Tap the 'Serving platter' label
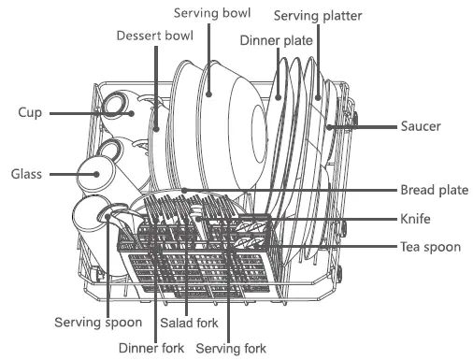317,16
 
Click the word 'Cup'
29,112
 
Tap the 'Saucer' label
421,125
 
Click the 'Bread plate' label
434,189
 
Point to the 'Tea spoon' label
425,247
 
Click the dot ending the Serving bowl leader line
209,94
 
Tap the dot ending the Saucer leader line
328,125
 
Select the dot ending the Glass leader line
97,174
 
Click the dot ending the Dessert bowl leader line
155,128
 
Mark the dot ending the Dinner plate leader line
279,95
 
